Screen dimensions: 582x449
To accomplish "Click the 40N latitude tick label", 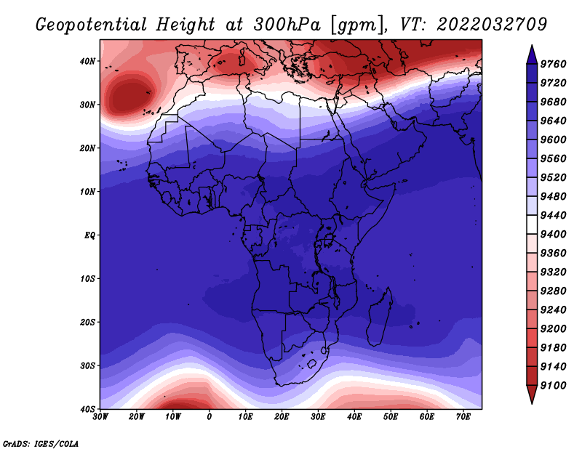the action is click(x=87, y=61).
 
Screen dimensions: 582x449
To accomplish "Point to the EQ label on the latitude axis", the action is click(x=89, y=235).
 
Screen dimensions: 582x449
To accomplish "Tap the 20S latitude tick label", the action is click(x=87, y=322).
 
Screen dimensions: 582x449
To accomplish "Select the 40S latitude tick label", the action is click(x=87, y=409).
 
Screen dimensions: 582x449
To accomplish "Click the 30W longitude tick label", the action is click(x=100, y=417).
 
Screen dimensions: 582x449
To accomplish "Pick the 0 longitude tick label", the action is click(x=210, y=417).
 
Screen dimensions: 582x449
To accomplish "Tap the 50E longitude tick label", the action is click(x=391, y=417).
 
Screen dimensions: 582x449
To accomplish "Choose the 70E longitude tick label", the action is click(x=463, y=417).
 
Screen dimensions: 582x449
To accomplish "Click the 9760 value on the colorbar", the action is click(x=553, y=64).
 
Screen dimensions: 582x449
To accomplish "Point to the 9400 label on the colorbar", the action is click(x=553, y=235).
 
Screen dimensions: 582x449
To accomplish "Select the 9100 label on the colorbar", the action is click(x=553, y=386).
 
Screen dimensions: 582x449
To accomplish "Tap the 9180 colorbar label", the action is click(x=553, y=348).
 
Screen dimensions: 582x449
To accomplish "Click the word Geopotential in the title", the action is click(x=92, y=25).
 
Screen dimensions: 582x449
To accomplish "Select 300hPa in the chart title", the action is click(x=287, y=25).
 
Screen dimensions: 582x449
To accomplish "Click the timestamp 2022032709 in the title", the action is click(x=492, y=25).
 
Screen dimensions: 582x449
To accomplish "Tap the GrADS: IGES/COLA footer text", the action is click(x=41, y=444).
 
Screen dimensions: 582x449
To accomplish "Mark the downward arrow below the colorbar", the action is click(x=532, y=395).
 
